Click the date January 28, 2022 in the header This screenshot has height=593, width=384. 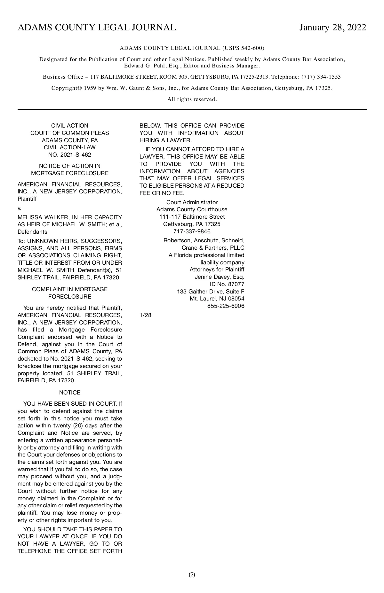[x=332, y=27]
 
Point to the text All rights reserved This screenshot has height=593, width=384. [x=192, y=99]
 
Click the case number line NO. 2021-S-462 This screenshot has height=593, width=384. [x=70, y=155]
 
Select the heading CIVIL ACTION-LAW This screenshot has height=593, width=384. [x=70, y=147]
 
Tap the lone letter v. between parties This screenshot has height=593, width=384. [x=20, y=208]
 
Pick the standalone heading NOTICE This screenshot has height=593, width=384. [x=70, y=393]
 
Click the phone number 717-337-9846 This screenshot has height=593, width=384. [x=192, y=231]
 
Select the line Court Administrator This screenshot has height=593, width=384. [x=192, y=202]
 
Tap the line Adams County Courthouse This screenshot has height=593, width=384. [x=192, y=209]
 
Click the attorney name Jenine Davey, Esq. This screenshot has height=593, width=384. [x=220, y=277]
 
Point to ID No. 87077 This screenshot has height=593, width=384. [x=227, y=284]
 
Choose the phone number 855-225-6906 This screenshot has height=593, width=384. [x=226, y=306]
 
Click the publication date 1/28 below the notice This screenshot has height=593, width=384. [x=146, y=315]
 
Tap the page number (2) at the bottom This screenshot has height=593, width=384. [x=192, y=574]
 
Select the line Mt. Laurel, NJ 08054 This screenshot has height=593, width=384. [x=217, y=299]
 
